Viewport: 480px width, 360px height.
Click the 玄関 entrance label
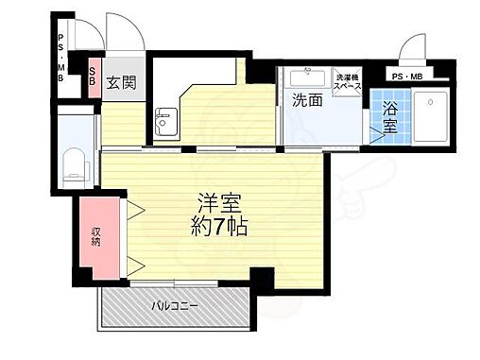click(x=121, y=83)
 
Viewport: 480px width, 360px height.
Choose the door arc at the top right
click(x=412, y=49)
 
